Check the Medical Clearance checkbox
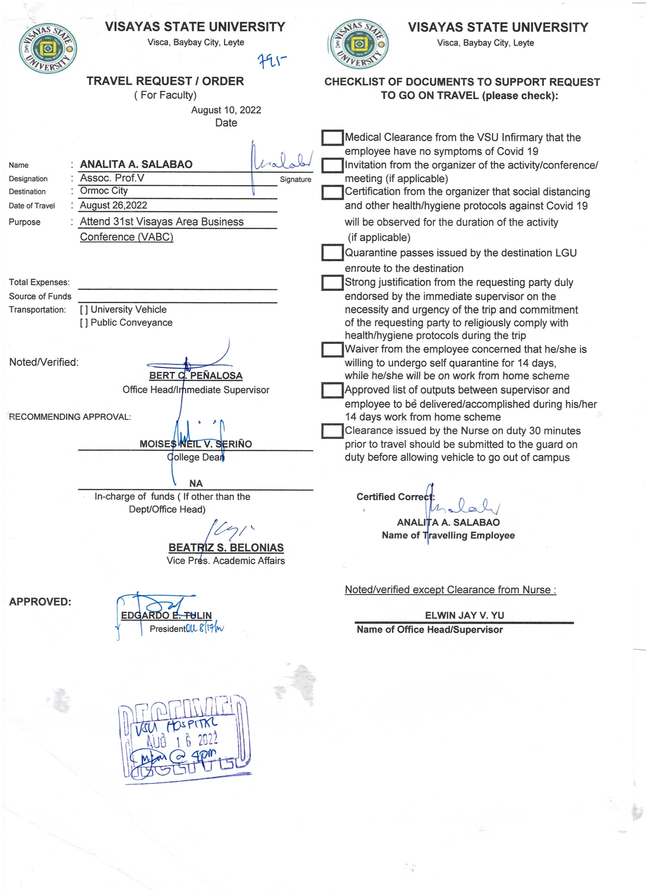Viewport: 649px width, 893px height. click(x=332, y=138)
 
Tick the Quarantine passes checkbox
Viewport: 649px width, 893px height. click(x=332, y=252)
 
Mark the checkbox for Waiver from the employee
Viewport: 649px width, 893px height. click(x=332, y=349)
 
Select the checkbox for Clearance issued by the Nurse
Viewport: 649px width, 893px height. click(x=332, y=431)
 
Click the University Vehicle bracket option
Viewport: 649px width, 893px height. click(x=83, y=310)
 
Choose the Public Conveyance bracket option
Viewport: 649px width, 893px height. click(x=83, y=323)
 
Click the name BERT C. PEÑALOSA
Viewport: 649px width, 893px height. click(x=196, y=376)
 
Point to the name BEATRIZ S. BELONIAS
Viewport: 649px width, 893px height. click(x=226, y=548)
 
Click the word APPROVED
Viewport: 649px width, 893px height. click(x=40, y=602)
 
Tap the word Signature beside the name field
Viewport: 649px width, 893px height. click(x=295, y=180)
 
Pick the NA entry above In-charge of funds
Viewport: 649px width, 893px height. click(x=196, y=484)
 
